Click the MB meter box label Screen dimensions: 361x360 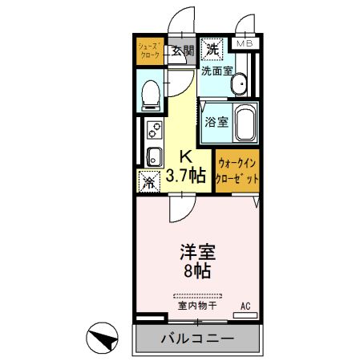244,43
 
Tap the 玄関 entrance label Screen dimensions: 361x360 183,51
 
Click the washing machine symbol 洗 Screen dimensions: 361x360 212,49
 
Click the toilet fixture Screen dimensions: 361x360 149,94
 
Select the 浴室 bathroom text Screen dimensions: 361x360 216,122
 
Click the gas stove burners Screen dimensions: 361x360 152,128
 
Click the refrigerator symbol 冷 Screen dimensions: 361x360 148,180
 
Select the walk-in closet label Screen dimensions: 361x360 237,171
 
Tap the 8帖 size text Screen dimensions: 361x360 195,271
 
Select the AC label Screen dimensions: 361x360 247,306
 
